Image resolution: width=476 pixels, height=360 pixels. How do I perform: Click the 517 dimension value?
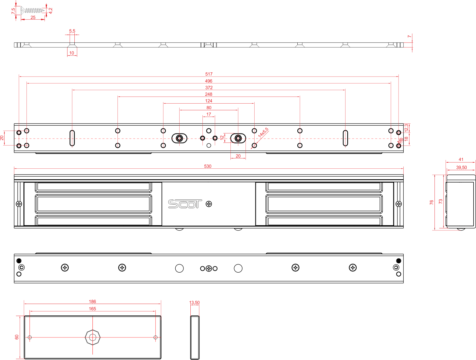(208, 74)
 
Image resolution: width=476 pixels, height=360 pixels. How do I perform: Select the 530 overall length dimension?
(208, 166)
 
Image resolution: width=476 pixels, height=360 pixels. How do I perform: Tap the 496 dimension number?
(208, 81)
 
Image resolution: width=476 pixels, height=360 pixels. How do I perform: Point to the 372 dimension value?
(208, 88)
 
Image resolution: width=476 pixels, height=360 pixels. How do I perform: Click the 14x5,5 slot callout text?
(263, 133)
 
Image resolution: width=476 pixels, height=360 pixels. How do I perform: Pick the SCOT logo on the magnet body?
(185, 204)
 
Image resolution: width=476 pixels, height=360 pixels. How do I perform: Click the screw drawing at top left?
(33, 10)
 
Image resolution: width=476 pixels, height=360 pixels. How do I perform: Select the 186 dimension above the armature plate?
(92, 302)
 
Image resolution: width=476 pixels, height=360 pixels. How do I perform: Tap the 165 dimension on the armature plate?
(92, 309)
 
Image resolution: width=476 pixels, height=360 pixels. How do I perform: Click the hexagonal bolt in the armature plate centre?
(92, 337)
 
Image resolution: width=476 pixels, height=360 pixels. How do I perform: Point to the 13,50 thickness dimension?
(194, 302)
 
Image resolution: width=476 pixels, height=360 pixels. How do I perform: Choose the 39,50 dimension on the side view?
(461, 167)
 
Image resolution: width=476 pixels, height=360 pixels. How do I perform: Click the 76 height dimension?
(431, 202)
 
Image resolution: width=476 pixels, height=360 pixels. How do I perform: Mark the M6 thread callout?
(400, 140)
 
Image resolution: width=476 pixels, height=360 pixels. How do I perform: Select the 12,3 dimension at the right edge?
(406, 128)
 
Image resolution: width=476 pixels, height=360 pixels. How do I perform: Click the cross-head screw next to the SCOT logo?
(208, 204)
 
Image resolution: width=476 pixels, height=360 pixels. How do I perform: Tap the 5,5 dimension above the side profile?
(72, 31)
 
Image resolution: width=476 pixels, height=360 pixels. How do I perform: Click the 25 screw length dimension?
(33, 17)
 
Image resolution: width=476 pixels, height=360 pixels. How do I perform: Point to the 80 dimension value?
(208, 108)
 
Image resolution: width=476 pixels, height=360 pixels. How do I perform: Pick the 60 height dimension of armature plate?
(17, 337)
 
